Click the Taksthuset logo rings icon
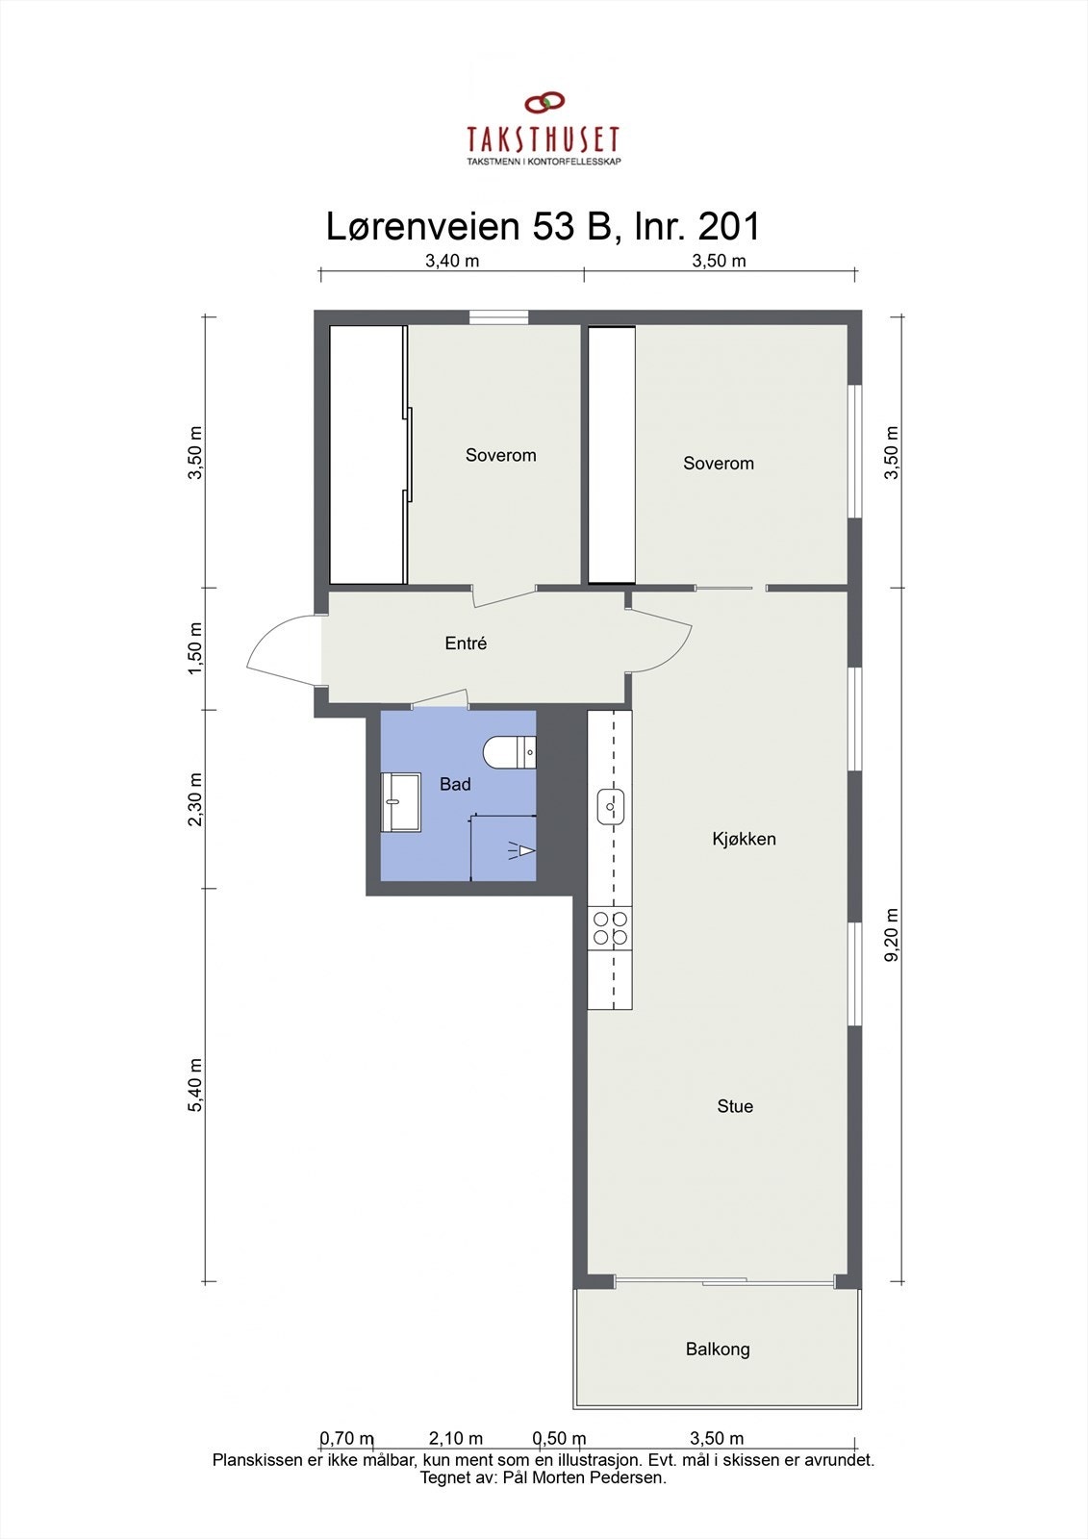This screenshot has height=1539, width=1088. click(544, 101)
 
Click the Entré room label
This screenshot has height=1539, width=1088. click(466, 643)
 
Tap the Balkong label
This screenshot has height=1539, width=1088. click(718, 1350)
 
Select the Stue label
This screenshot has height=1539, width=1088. click(735, 1106)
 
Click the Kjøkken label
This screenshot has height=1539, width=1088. click(744, 839)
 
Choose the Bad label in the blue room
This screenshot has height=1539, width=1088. click(455, 784)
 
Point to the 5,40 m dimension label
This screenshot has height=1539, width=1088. click(196, 1085)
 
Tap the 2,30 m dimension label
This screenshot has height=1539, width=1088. click(196, 799)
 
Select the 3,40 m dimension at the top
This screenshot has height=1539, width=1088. click(452, 261)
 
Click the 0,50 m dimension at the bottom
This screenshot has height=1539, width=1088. click(559, 1439)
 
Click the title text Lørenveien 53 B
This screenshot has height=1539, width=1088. click(470, 227)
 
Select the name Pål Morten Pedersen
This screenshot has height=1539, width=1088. click(584, 1477)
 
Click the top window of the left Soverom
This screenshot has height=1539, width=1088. click(498, 317)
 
